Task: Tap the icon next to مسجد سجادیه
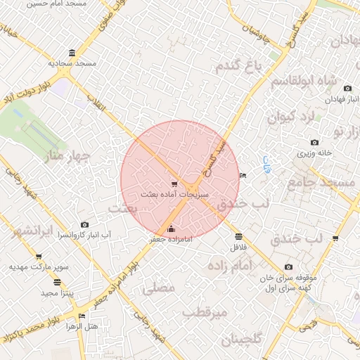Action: [x=73, y=53]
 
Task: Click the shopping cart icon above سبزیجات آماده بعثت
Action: [x=174, y=184]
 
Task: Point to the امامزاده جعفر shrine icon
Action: [x=172, y=229]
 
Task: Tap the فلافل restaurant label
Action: [x=239, y=247]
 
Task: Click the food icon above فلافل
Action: [x=239, y=236]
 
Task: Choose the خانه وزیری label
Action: [x=314, y=153]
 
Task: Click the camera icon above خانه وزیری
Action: [x=314, y=143]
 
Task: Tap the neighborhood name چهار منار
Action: [x=62, y=153]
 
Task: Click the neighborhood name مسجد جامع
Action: [x=322, y=182]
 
